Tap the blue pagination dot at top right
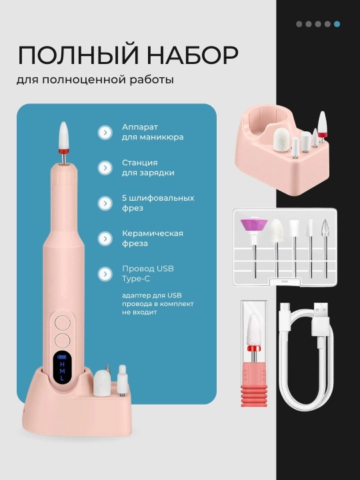coord(337,24)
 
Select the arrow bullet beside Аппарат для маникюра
coord(105,132)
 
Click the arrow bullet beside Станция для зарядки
coord(105,168)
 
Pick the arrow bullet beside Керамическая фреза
coord(105,239)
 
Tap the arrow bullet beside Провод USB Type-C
coord(105,274)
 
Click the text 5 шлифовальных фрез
coord(158,203)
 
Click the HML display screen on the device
coord(62,367)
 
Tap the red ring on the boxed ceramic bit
coord(254,349)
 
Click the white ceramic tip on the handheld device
coord(64,135)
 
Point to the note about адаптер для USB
coord(157,304)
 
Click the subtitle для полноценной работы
coord(95,80)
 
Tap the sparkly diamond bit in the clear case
coord(325,229)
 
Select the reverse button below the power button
coord(63,340)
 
